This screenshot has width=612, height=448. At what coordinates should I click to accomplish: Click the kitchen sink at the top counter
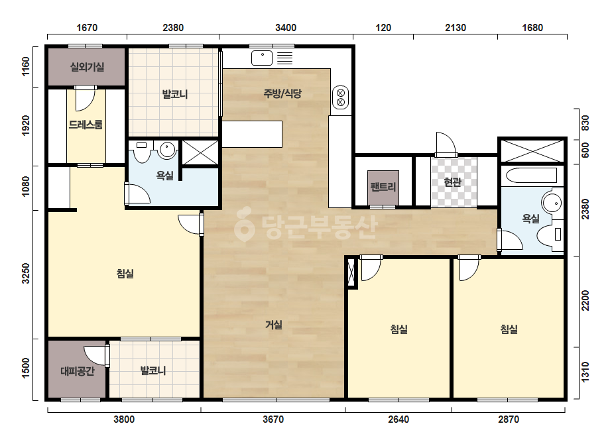click(x=262, y=58)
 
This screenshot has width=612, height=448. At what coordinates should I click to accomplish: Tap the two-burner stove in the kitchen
click(x=340, y=97)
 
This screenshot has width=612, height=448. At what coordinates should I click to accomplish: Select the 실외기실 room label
click(x=87, y=67)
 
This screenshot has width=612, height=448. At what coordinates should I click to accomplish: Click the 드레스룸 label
click(x=86, y=125)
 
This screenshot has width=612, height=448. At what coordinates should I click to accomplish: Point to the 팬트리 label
click(x=383, y=187)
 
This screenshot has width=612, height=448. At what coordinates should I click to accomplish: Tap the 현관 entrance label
click(x=453, y=182)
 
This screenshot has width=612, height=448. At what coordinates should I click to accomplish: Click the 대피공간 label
click(x=78, y=370)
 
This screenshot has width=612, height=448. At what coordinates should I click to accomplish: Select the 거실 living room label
click(x=274, y=325)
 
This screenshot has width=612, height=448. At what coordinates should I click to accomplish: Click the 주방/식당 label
click(x=282, y=93)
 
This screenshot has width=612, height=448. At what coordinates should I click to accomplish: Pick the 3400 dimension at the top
click(x=286, y=28)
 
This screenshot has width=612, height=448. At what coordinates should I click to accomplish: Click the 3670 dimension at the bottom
click(x=273, y=420)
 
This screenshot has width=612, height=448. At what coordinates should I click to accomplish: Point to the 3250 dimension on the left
click(x=26, y=273)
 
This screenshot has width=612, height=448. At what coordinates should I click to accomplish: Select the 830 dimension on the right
click(x=585, y=123)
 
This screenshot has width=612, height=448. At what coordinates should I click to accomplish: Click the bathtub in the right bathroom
click(x=531, y=175)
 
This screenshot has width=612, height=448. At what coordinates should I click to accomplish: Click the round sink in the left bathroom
click(x=168, y=150)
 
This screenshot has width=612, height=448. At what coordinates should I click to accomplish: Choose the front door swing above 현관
click(x=446, y=144)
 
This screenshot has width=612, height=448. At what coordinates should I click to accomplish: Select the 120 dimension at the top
click(x=383, y=28)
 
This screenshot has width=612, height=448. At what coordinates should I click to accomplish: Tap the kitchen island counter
click(x=252, y=134)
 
